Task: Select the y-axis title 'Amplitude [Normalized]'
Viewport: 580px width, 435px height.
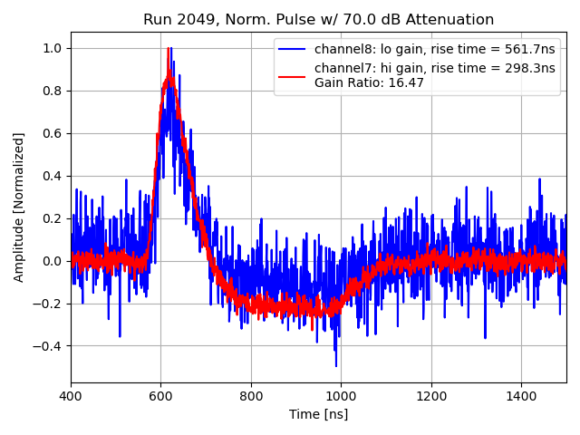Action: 19,207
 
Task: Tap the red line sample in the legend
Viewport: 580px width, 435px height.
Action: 293,75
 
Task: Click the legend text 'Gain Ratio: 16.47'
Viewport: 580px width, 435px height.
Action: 369,82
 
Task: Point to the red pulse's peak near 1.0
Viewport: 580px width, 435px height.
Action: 169,49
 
